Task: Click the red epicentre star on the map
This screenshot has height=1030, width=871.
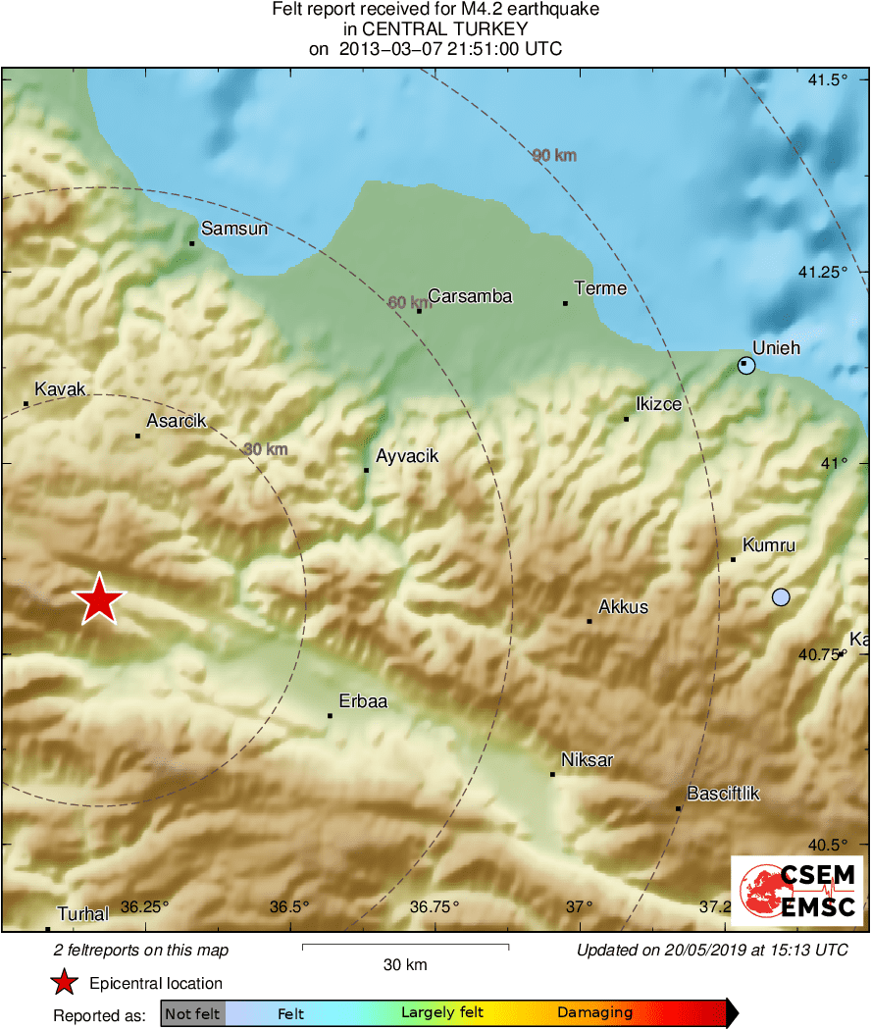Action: point(99,599)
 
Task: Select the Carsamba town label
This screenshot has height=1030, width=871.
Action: point(470,296)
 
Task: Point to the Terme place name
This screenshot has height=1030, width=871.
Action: point(600,288)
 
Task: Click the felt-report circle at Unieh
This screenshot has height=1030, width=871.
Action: point(746,366)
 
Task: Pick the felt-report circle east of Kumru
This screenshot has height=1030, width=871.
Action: point(781,596)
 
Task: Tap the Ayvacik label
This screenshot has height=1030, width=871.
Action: point(407,456)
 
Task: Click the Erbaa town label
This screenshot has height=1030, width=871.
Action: point(363,701)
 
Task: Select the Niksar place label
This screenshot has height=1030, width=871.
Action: point(587,760)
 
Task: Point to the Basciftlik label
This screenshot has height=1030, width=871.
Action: point(724,794)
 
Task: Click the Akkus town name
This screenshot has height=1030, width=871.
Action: point(623,607)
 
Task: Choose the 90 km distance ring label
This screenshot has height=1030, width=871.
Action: point(554,155)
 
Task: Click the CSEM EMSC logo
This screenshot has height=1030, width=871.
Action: point(797,891)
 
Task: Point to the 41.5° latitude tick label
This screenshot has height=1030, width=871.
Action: point(830,79)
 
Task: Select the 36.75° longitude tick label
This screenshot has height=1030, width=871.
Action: point(435,906)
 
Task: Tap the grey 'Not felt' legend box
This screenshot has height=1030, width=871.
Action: point(193,1013)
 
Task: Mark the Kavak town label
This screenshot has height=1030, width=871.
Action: point(61,389)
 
